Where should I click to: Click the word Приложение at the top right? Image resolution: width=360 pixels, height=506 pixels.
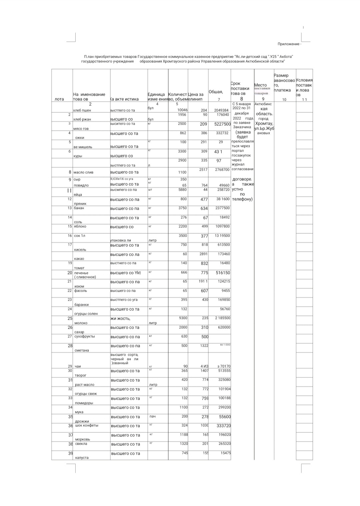289,44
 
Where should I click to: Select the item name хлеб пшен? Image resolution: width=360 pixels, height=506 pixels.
82,110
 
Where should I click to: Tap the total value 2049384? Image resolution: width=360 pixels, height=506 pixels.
221,110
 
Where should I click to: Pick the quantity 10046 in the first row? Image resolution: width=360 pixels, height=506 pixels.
182,110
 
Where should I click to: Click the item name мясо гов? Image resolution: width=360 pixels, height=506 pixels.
81,129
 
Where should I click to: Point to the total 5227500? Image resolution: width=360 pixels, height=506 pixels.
222,124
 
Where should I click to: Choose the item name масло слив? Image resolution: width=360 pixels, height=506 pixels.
83,172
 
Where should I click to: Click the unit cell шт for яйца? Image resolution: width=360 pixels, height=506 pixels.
150,190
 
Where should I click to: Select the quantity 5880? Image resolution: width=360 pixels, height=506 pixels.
182,190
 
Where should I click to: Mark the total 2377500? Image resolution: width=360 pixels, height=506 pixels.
222,208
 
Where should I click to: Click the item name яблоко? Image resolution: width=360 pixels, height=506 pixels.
80,226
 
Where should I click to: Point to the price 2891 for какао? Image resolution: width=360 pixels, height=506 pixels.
203,254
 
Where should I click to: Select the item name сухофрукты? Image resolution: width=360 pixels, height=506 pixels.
84,336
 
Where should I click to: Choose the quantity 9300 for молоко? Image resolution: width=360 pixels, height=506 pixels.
183,318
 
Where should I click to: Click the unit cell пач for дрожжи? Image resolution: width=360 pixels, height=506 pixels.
152,417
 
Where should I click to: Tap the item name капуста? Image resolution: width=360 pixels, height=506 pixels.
82,458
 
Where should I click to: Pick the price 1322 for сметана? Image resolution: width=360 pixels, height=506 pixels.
204,346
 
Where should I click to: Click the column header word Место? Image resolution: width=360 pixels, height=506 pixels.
260,85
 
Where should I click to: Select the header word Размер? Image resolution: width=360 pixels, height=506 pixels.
281,75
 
